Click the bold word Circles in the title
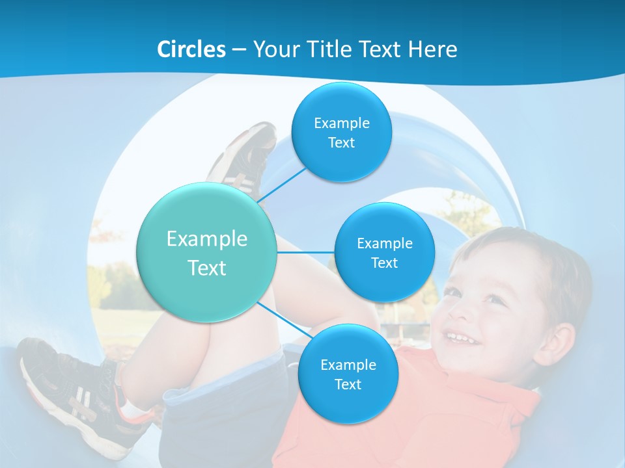(191, 49)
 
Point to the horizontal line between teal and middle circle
(305, 252)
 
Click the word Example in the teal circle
(207, 239)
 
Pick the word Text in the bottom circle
(348, 385)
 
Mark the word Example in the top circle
(342, 123)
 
